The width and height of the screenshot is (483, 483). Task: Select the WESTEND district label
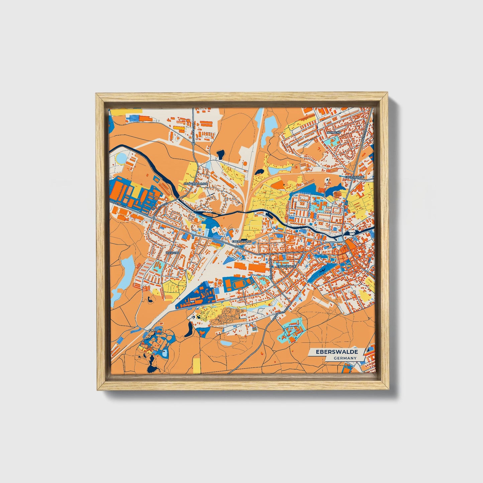click(173, 253)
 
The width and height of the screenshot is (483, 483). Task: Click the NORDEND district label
click(334, 132)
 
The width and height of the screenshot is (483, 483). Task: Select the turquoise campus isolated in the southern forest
click(291, 329)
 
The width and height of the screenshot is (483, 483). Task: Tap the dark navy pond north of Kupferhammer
click(220, 154)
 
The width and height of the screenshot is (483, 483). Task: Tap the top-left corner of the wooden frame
click(97, 95)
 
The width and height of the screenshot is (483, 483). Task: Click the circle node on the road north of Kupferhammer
click(194, 144)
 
